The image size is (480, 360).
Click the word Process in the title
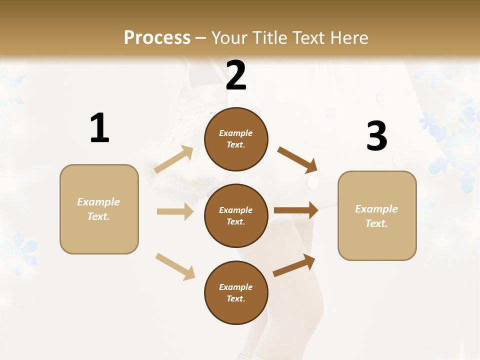pyautogui.click(x=157, y=38)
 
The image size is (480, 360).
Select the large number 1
pyautogui.click(x=99, y=128)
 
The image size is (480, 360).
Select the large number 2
pyautogui.click(x=236, y=75)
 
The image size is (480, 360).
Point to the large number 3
pyautogui.click(x=376, y=136)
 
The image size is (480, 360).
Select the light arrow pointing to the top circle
pyautogui.click(x=174, y=159)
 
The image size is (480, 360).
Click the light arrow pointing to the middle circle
pyautogui.click(x=175, y=211)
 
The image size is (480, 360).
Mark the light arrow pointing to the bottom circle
pyautogui.click(x=175, y=266)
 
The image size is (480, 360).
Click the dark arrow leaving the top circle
pyautogui.click(x=297, y=159)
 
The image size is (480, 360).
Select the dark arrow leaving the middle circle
pyautogui.click(x=296, y=210)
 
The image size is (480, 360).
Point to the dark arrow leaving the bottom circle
pyautogui.click(x=294, y=265)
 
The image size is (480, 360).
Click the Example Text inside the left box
pyautogui.click(x=98, y=209)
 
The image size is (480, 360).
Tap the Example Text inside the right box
pyautogui.click(x=376, y=216)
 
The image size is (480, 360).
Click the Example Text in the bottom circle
pyautogui.click(x=236, y=293)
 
